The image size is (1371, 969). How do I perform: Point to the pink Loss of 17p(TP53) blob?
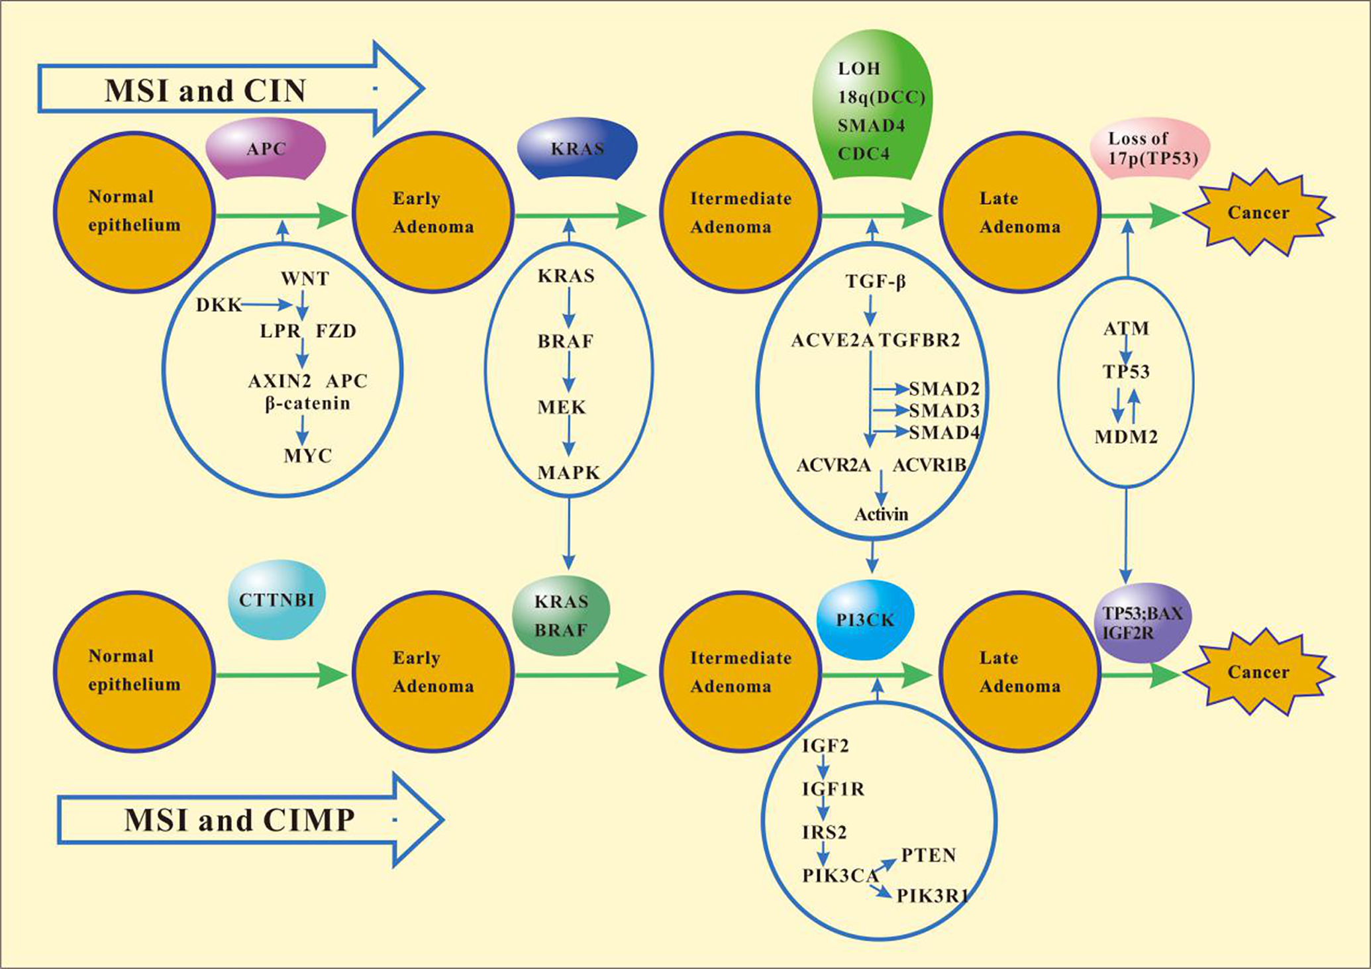pos(1150,148)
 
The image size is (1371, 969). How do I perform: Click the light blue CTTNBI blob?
pos(277,599)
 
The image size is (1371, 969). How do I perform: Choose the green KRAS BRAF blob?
pos(562,615)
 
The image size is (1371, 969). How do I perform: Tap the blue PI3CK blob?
pos(866,620)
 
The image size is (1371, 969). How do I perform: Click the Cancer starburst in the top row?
pos(1258,213)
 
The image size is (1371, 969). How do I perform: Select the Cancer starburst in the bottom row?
pos(1258,672)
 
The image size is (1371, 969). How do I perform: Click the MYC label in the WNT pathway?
pos(307,456)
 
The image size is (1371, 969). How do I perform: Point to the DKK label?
pos(219,305)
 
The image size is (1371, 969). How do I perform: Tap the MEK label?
pos(562,407)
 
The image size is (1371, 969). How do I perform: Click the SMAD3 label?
pos(944,411)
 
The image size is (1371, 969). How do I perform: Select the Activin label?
pos(881,514)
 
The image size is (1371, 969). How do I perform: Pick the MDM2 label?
pos(1126,436)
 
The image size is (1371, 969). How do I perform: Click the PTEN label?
pos(929,855)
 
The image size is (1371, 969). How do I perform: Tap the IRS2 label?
pos(824,832)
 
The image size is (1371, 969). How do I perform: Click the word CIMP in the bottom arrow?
pos(309,820)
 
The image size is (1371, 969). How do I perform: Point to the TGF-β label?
pos(875,282)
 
